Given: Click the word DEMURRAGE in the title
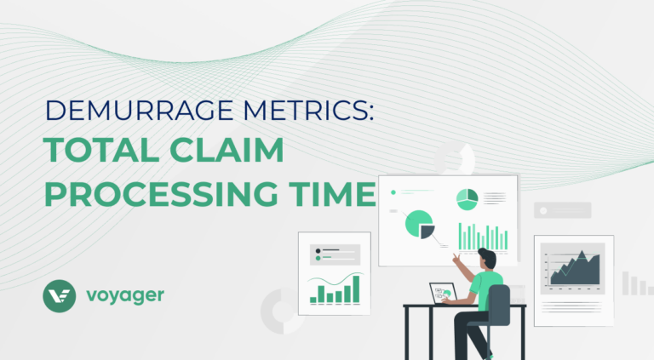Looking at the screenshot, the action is click(x=139, y=110).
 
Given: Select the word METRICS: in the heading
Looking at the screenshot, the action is click(x=308, y=110).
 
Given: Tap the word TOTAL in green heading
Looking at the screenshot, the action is click(x=101, y=150).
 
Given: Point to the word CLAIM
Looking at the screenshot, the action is click(x=227, y=150).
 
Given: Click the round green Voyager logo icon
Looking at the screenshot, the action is click(x=60, y=296).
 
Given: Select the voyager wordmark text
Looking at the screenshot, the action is click(x=125, y=296).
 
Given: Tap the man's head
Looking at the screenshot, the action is click(x=488, y=259).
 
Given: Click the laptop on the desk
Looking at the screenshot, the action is click(x=444, y=294).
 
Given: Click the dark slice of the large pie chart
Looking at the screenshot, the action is click(x=427, y=231).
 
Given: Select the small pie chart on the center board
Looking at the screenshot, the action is click(x=468, y=200).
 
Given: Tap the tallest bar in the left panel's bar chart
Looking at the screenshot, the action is click(x=356, y=289).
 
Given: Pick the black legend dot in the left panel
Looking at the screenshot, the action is click(x=318, y=251).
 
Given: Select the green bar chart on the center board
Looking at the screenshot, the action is click(x=483, y=237).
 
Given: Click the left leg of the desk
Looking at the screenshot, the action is click(x=407, y=334).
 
